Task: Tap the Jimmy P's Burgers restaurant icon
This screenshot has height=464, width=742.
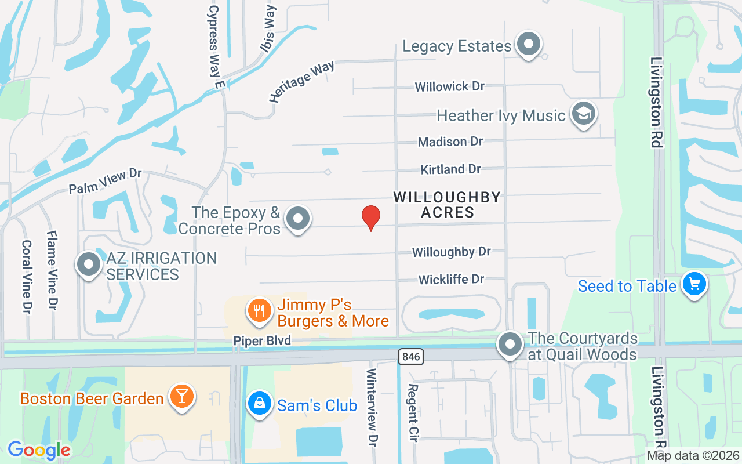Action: pyautogui.click(x=260, y=311)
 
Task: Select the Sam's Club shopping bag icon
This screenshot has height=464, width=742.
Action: pyautogui.click(x=259, y=404)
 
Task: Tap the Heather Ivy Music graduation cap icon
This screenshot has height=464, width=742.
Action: pyautogui.click(x=583, y=114)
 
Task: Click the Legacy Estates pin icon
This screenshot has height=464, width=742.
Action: pyautogui.click(x=528, y=45)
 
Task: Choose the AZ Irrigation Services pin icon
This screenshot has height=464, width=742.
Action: pyautogui.click(x=89, y=264)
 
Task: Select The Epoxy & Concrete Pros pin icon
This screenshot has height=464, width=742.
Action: pyautogui.click(x=299, y=219)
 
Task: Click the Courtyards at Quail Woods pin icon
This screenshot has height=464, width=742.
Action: pyautogui.click(x=510, y=344)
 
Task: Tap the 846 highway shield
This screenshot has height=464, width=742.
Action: pyautogui.click(x=411, y=357)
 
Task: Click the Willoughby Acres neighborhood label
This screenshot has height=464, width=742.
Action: pyautogui.click(x=447, y=205)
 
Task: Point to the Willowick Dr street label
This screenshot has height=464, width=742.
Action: pyautogui.click(x=449, y=86)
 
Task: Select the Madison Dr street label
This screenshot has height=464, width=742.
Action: pyautogui.click(x=450, y=142)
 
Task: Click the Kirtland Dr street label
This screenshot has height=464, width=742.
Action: pyautogui.click(x=450, y=169)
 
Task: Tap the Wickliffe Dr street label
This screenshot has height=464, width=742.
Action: pyautogui.click(x=451, y=280)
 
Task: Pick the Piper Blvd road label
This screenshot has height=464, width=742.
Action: pyautogui.click(x=262, y=340)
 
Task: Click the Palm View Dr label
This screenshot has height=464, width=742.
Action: pyautogui.click(x=105, y=182)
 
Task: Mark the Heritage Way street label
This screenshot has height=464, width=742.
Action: pyautogui.click(x=301, y=82)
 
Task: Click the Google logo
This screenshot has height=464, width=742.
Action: pyautogui.click(x=39, y=450)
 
